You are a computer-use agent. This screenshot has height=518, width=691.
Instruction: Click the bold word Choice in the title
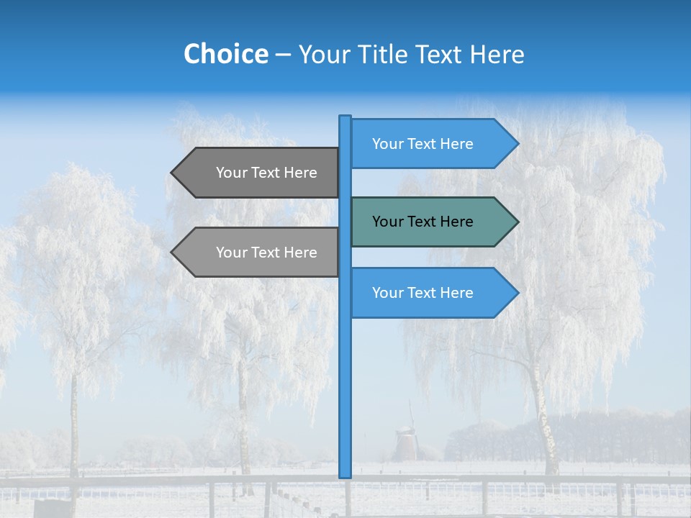pos(225,54)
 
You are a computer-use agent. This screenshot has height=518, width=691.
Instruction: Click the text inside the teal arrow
pos(423,222)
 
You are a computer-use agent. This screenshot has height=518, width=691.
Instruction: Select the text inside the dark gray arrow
pos(266,173)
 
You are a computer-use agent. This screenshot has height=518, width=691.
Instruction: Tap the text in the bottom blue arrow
pos(423,293)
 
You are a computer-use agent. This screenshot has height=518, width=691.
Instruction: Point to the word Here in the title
pos(497,54)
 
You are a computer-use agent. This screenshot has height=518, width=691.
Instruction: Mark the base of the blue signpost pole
pos(345,474)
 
